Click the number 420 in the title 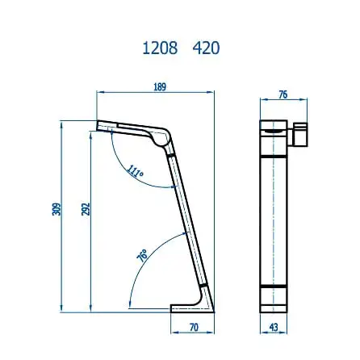tap(207, 48)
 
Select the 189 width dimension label tap(160, 87)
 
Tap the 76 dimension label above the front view tap(283, 95)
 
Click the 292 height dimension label tap(86, 209)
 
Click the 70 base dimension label tap(193, 327)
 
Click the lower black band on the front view tap(273, 287)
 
